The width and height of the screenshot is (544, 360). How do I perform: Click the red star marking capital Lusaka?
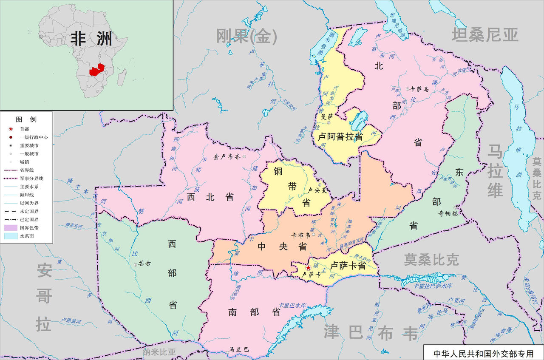[308, 267]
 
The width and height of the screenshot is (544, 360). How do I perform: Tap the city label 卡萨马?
[419, 89]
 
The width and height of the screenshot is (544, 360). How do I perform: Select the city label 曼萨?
[327, 116]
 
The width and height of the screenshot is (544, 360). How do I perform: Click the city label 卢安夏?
[319, 190]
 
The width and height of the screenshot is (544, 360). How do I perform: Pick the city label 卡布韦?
[300, 235]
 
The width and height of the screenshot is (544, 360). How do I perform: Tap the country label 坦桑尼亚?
[485, 35]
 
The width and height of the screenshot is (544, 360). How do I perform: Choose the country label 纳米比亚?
[159, 352]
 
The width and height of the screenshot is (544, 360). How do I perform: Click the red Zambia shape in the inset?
[96, 69]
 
